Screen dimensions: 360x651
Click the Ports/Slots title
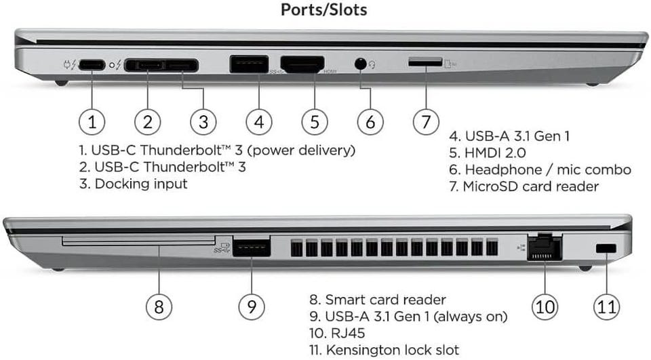pos(324,11)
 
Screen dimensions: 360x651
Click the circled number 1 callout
pos(92,122)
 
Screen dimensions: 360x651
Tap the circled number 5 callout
pos(314,122)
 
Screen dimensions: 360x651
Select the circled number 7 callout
pos(425,122)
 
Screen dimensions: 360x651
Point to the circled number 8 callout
pos(158,306)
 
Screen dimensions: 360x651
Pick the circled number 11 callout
pos(606,306)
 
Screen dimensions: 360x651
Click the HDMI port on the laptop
pos(302,64)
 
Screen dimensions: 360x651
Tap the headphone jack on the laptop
pos(361,64)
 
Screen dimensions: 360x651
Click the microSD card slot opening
pos(425,62)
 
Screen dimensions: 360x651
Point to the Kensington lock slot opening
pos(606,249)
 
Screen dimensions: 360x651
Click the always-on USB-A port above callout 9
pos(252,247)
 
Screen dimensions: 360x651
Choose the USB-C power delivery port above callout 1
pos(92,65)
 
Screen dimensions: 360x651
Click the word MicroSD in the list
pos(493,186)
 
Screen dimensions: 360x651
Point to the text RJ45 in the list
pos(342,333)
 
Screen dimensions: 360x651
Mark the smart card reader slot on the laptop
pos(138,241)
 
